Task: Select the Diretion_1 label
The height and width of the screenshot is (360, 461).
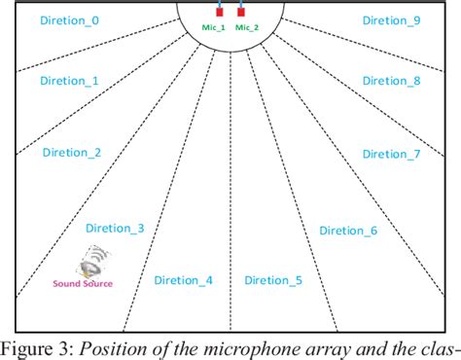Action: (x=70, y=82)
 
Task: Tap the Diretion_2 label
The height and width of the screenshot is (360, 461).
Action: (x=72, y=153)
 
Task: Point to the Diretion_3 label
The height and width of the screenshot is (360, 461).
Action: (x=115, y=228)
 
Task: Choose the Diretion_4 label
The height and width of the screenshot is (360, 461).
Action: (x=184, y=280)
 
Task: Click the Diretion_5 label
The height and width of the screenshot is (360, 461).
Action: (x=273, y=280)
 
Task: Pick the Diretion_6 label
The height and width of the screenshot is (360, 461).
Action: (x=348, y=231)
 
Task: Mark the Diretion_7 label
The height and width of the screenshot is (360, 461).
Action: (x=391, y=154)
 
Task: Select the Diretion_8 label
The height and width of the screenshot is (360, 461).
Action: (x=391, y=82)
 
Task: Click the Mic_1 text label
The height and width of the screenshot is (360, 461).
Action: (x=214, y=28)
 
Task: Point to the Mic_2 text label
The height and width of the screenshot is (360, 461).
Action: (x=247, y=28)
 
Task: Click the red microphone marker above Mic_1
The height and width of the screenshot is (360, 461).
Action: (x=219, y=13)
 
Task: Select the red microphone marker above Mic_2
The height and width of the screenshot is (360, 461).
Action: (x=240, y=13)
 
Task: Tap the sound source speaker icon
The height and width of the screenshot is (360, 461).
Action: (x=94, y=263)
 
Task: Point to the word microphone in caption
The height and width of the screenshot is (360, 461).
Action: (x=259, y=347)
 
